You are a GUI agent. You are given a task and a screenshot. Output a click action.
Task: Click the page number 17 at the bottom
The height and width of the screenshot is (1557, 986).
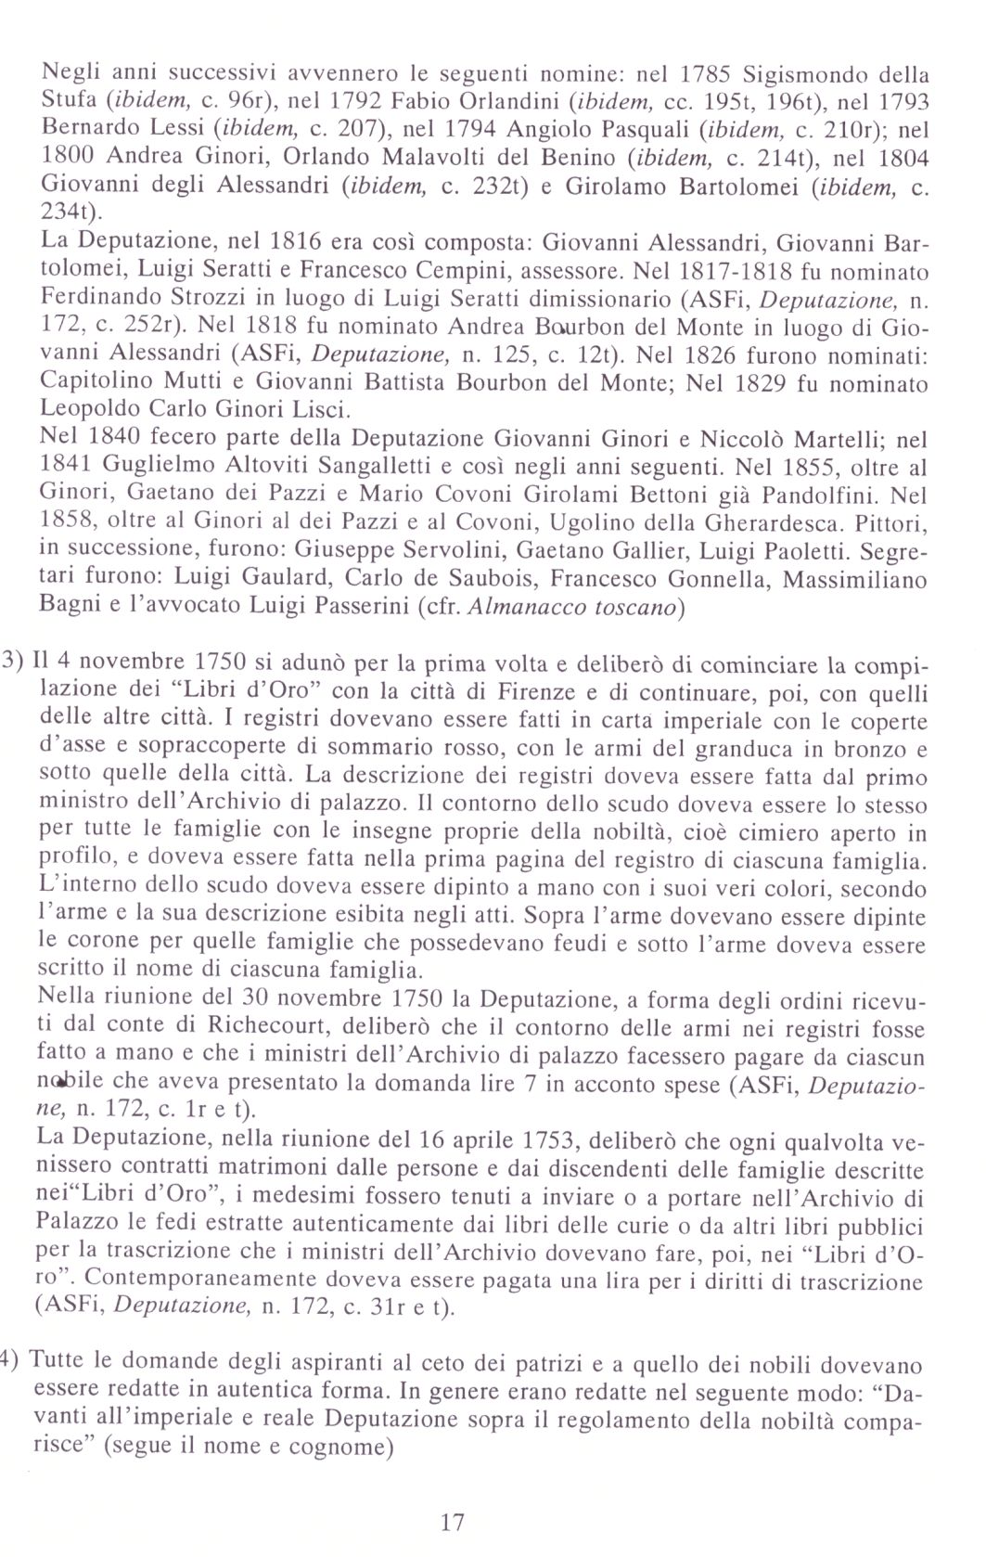click(x=452, y=1522)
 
